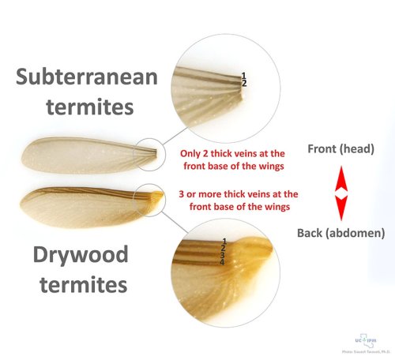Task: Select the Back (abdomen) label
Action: click(x=340, y=233)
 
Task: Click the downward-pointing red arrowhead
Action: click(x=340, y=208)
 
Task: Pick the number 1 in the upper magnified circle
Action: click(x=244, y=76)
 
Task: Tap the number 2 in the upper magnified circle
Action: click(x=244, y=83)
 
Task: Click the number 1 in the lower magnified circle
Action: click(x=225, y=240)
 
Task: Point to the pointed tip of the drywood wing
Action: click(x=21, y=200)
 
